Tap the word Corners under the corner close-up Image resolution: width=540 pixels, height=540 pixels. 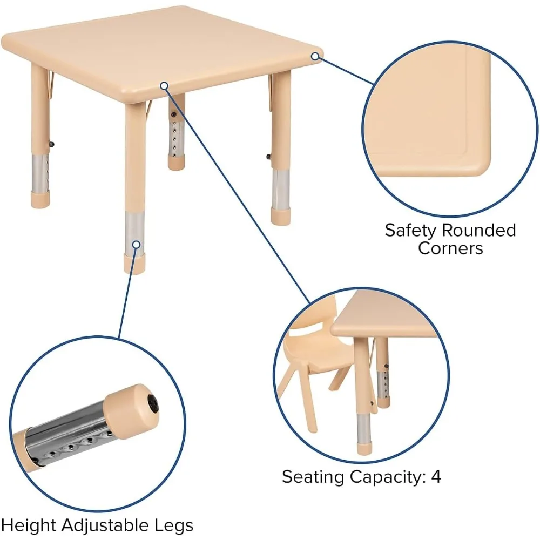[450, 248]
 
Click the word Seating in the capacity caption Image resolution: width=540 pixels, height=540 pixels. [314, 477]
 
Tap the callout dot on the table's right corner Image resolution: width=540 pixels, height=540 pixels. [315, 56]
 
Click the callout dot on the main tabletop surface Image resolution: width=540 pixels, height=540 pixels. [164, 85]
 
